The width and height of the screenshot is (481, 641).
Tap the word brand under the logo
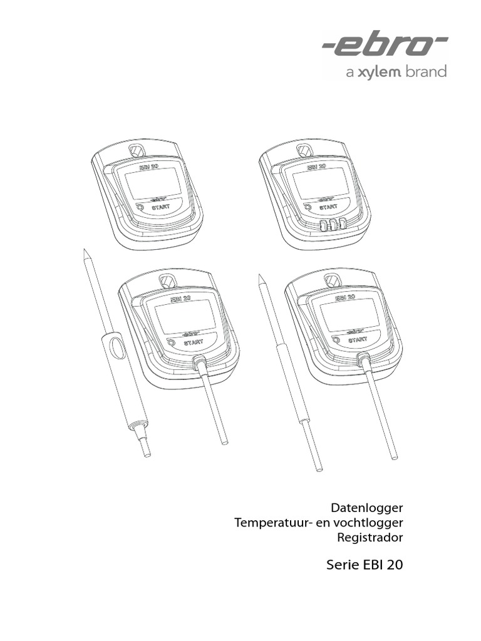click(426, 73)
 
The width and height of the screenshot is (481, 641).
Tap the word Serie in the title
click(341, 565)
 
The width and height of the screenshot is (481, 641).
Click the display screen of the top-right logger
click(321, 182)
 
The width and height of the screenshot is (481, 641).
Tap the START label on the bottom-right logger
click(358, 339)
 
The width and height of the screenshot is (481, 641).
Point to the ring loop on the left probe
click(114, 347)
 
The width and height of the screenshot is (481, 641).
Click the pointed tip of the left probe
click(85, 253)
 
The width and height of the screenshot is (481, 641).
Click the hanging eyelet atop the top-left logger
click(135, 150)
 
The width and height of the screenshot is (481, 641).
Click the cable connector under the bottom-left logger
click(199, 362)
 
